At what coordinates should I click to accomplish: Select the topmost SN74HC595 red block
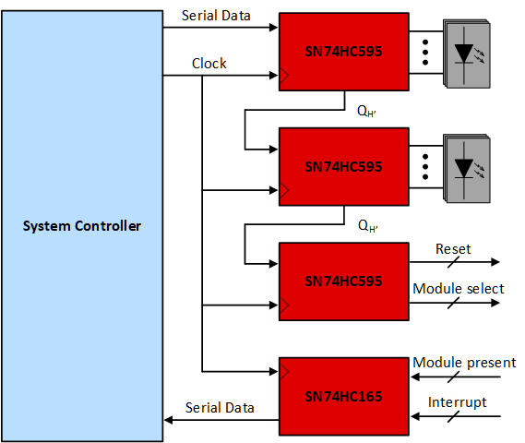click(343, 53)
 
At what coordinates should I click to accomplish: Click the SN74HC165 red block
click(343, 395)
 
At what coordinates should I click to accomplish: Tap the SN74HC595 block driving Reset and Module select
click(343, 281)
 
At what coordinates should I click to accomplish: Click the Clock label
click(209, 64)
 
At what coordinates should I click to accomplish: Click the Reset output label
click(453, 249)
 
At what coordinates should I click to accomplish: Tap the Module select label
click(458, 289)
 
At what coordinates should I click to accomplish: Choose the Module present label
click(464, 363)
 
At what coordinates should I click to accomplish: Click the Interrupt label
click(458, 401)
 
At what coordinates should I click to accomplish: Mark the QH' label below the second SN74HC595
click(368, 224)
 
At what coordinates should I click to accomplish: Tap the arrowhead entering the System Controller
click(169, 420)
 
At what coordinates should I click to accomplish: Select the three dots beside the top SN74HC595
click(424, 53)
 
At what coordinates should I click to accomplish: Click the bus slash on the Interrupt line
click(451, 418)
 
